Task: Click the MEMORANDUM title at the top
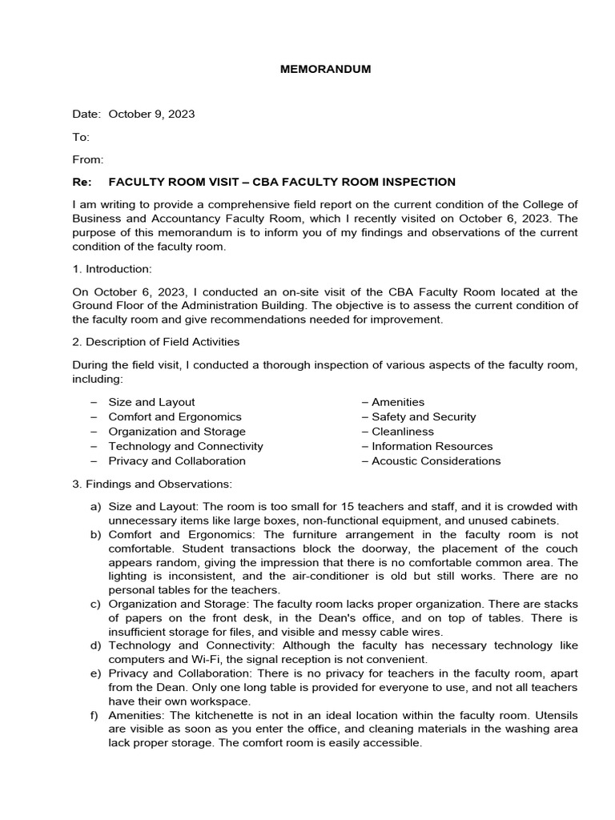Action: click(x=325, y=69)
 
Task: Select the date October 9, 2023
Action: click(x=151, y=114)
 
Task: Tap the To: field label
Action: click(x=81, y=137)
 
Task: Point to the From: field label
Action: click(x=88, y=159)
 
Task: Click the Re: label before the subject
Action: click(x=82, y=182)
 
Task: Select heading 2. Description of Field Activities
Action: click(x=156, y=342)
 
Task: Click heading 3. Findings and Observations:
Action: click(x=153, y=484)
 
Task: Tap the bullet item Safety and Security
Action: click(x=424, y=416)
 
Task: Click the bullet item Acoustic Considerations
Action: click(x=436, y=460)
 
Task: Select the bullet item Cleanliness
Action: click(x=403, y=431)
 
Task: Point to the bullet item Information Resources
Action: click(x=432, y=446)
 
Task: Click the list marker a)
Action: click(x=95, y=507)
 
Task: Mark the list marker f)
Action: click(x=95, y=713)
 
